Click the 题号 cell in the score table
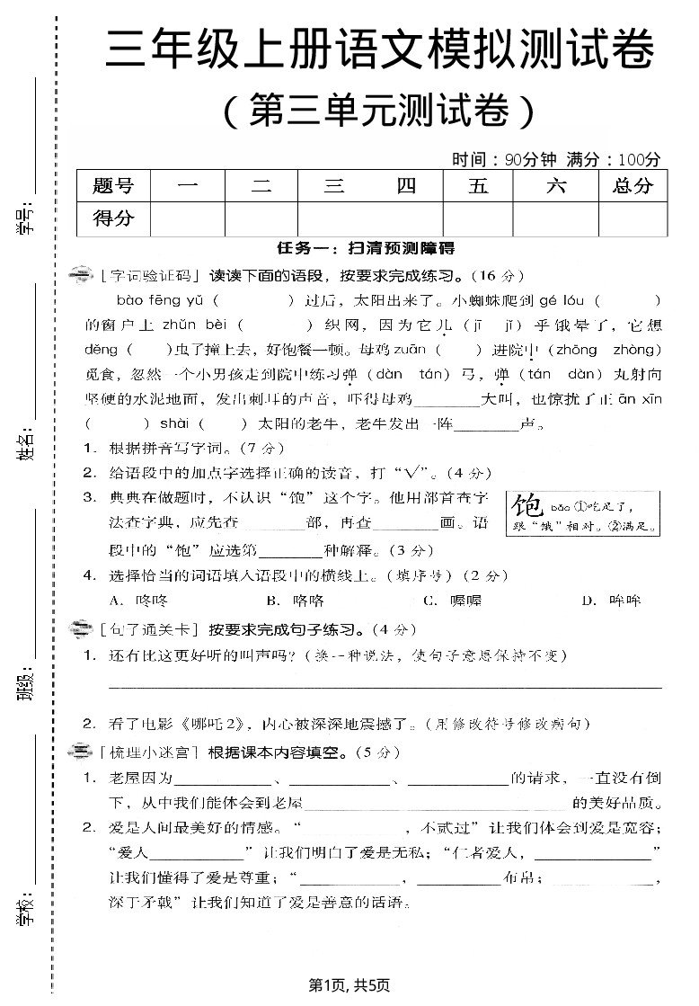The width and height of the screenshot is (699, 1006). click(x=113, y=186)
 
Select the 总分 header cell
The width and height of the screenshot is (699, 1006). click(x=633, y=186)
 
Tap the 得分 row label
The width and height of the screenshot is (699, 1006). click(x=113, y=218)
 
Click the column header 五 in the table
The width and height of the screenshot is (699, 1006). click(x=478, y=186)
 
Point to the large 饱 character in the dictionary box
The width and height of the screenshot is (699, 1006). click(x=526, y=513)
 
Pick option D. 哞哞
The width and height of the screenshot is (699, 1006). click(x=611, y=601)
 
